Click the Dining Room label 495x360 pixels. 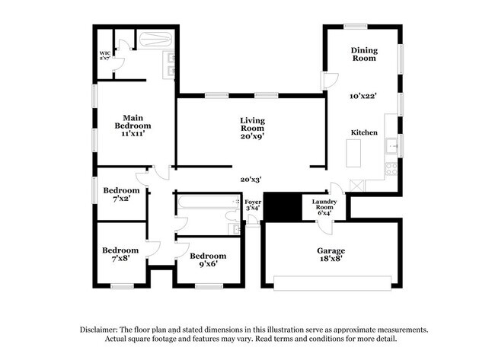pos(364,54)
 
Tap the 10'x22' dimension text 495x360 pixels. pos(364,96)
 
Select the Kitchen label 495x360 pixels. pos(364,132)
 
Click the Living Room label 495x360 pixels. pos(251,125)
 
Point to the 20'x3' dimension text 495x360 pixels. pos(251,180)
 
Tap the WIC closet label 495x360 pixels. pos(105,56)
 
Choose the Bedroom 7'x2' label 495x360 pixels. pos(121,194)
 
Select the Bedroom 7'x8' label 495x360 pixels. pos(121,254)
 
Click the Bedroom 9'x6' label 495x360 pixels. pos(208,260)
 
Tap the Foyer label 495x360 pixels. pos(253,204)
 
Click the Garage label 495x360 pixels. pos(331,250)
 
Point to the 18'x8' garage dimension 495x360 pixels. pos(331,259)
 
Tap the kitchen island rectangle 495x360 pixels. pos(353,155)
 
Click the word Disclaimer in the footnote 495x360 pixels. pos(103,330)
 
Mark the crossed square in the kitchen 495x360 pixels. pos(355,185)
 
